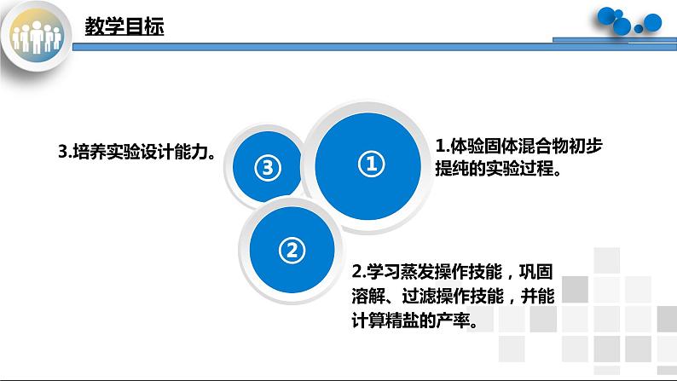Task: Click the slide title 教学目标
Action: click(x=124, y=26)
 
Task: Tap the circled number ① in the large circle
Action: click(x=369, y=165)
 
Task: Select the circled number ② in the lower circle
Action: click(x=291, y=250)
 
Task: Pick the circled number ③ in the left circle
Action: click(x=267, y=168)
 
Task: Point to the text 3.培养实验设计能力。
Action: click(x=136, y=151)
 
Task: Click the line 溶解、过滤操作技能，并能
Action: click(x=453, y=297)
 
